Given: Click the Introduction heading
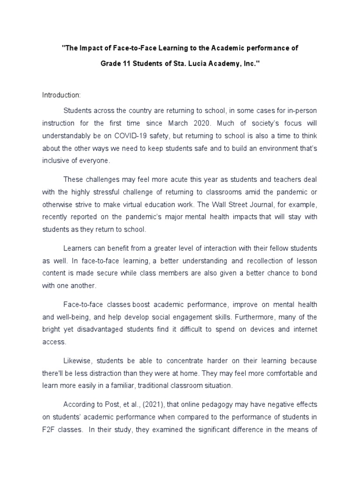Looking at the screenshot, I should pos(61,95).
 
